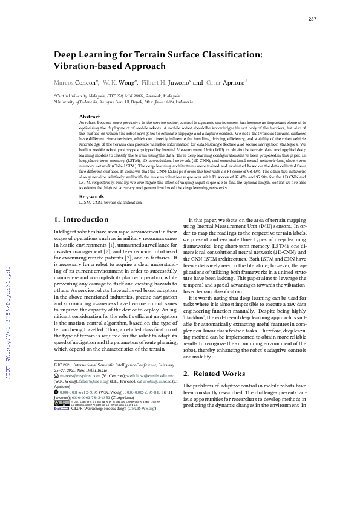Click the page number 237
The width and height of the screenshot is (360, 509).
312,19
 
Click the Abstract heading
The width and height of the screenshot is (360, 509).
90,117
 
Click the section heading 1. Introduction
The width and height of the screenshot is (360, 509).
82,219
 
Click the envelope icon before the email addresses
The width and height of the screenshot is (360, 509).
56,376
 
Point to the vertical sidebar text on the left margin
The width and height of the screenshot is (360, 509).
8,320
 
